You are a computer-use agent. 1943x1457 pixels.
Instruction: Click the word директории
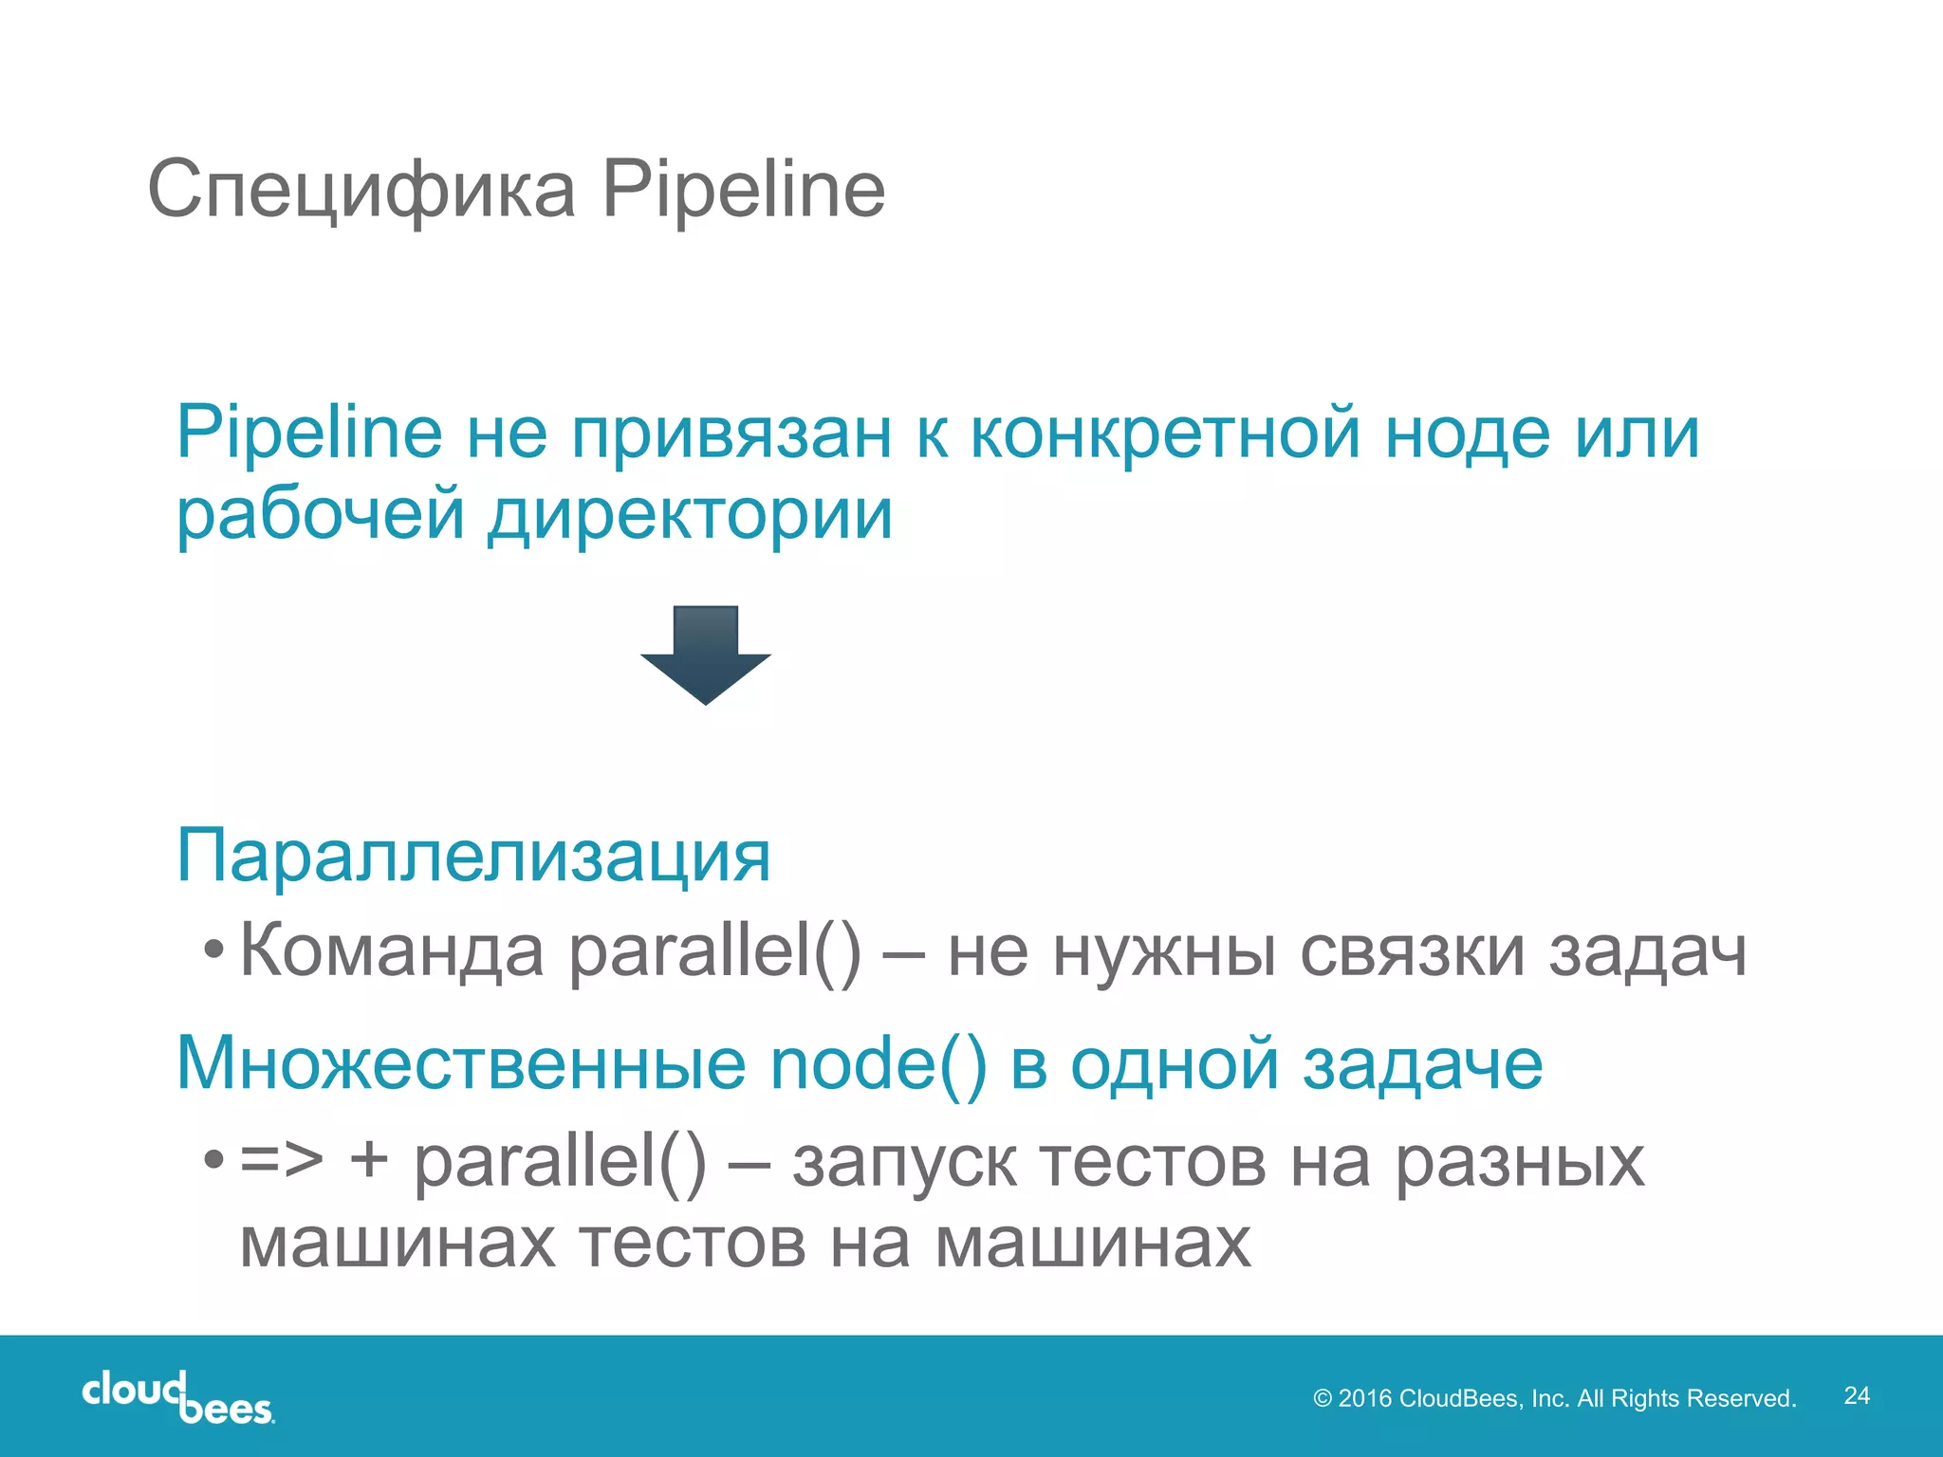click(691, 516)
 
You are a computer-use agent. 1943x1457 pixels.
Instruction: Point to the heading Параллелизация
click(473, 856)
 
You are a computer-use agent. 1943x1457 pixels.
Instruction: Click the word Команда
click(392, 951)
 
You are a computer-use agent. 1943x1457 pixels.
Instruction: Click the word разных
click(1519, 1164)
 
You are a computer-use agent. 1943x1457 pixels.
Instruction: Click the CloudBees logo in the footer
click(178, 1396)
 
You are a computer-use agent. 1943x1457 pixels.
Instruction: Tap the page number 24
click(1857, 1395)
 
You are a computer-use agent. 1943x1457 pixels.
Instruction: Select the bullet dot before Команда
click(214, 950)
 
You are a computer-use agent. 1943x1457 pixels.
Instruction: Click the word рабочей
click(321, 516)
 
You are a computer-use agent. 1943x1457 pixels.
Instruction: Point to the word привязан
click(731, 434)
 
